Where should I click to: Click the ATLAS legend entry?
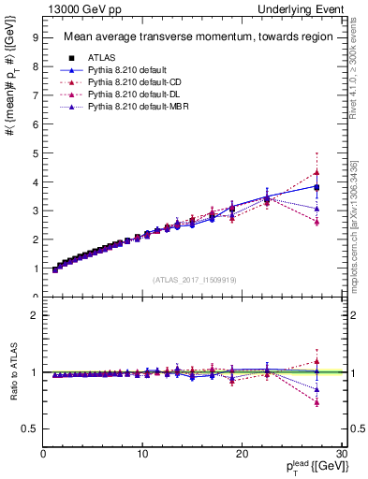[101, 57]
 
